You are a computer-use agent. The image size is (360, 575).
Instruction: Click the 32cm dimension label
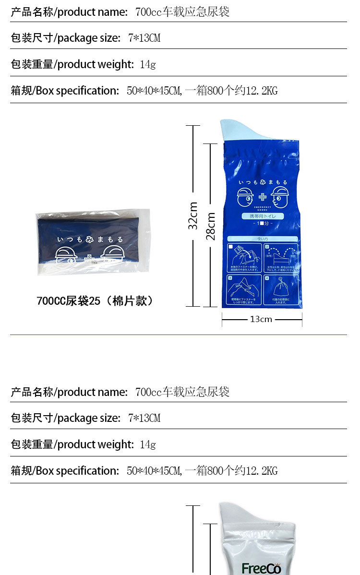[193, 215]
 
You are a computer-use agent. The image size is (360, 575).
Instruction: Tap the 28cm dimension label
[210, 226]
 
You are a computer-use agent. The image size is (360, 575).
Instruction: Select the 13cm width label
[261, 319]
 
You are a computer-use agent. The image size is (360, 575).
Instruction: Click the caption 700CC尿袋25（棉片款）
[95, 301]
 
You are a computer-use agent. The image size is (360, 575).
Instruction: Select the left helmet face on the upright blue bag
[245, 196]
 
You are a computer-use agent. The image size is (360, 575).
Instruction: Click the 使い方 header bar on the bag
[262, 239]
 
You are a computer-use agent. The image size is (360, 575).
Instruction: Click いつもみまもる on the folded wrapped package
[90, 239]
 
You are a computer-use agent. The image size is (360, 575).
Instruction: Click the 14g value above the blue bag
[148, 64]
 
